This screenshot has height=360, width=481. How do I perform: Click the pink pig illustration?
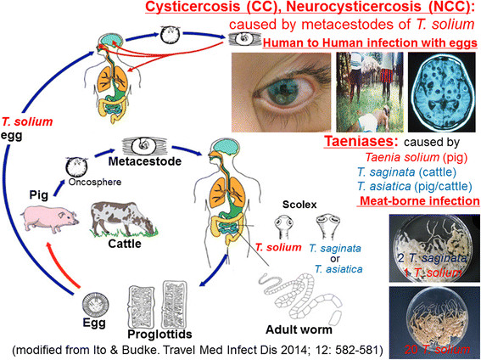50,219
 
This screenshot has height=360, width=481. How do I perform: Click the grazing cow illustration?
123,219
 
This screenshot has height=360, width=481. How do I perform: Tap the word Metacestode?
145,161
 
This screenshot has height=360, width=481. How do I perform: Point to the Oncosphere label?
95,182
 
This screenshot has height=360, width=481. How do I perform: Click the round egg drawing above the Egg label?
95,305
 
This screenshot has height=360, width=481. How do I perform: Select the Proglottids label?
159,334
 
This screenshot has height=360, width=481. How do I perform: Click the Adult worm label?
299,329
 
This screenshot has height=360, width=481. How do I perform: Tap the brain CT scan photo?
442,92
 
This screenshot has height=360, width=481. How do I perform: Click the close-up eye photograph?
281,92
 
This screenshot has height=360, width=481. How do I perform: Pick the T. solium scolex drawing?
283,228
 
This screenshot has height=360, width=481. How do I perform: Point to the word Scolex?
299,205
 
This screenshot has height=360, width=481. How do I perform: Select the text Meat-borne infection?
419,201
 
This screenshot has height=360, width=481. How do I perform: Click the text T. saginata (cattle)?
406,172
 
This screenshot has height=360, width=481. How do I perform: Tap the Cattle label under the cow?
125,244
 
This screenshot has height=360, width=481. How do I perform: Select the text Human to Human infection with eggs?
370,43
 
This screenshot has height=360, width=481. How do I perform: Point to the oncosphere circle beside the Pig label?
76,166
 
